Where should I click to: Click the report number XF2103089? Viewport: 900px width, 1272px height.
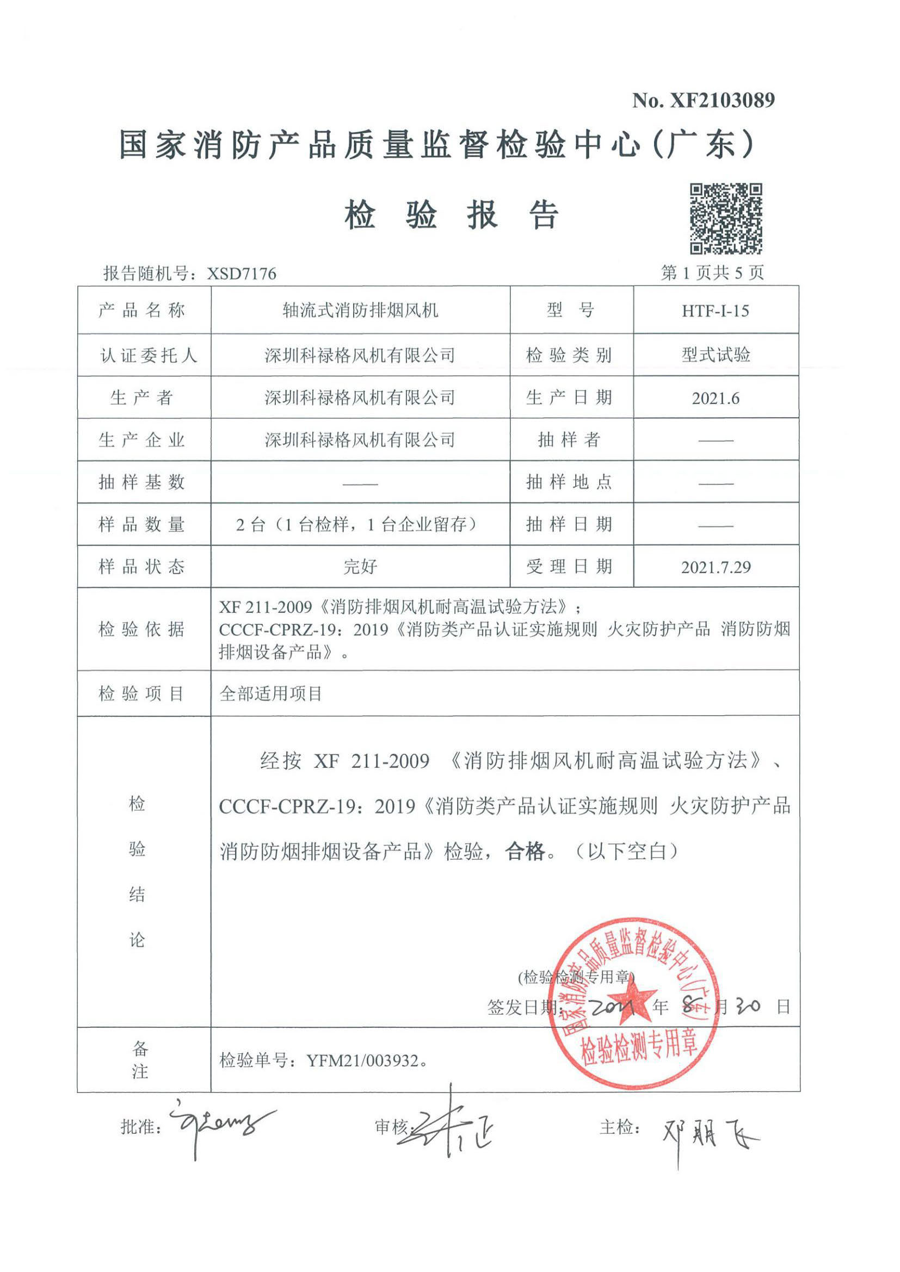pos(722,100)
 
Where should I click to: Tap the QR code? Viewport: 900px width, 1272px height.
pos(725,219)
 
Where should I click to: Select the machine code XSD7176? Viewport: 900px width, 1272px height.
pos(242,274)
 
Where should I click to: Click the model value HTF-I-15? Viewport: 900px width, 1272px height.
pos(716,311)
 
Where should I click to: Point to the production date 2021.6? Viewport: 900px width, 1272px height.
pos(716,398)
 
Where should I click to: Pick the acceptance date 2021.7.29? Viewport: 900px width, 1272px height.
pos(716,567)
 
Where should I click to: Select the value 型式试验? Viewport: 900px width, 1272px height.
pos(716,355)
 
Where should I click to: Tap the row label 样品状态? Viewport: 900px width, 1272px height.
pos(142,567)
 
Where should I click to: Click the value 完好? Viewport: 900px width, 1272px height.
pos(360,567)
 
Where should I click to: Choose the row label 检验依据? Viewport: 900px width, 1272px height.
pos(142,629)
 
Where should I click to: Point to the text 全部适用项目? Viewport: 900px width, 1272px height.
pos(271,693)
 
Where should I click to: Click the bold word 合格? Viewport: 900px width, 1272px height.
pos(525,852)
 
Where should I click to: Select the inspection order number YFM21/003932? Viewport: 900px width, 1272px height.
pos(362,1060)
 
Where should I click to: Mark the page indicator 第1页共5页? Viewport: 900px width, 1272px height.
pos(712,272)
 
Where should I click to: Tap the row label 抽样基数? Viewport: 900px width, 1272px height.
pos(142,482)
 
